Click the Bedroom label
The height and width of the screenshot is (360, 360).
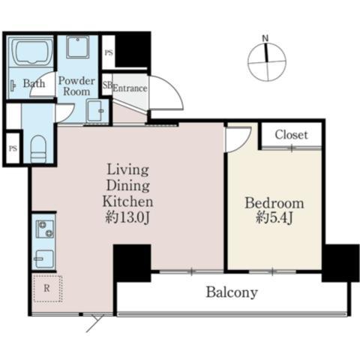[x=274, y=203]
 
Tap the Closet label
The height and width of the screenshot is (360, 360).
[x=291, y=135]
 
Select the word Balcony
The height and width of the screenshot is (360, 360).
[x=232, y=292]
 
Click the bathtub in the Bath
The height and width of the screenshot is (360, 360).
[x=31, y=52]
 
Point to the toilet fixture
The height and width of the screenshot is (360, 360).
[x=38, y=149]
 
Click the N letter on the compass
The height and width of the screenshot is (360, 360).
[x=265, y=38]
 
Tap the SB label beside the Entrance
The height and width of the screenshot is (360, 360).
[x=107, y=85]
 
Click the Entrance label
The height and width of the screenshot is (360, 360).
[x=130, y=88]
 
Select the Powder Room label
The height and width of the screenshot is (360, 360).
[x=76, y=86]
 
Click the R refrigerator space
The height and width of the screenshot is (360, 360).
[x=47, y=289]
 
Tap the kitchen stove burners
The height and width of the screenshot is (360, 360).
[x=45, y=229]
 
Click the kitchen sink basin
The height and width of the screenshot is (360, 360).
[x=44, y=259]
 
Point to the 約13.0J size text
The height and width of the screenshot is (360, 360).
[x=127, y=218]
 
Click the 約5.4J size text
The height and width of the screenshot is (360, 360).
[x=274, y=218]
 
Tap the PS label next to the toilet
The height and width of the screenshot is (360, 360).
[x=13, y=148]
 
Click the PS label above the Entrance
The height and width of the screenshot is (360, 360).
[x=109, y=52]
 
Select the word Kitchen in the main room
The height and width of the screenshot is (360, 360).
[x=127, y=202]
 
